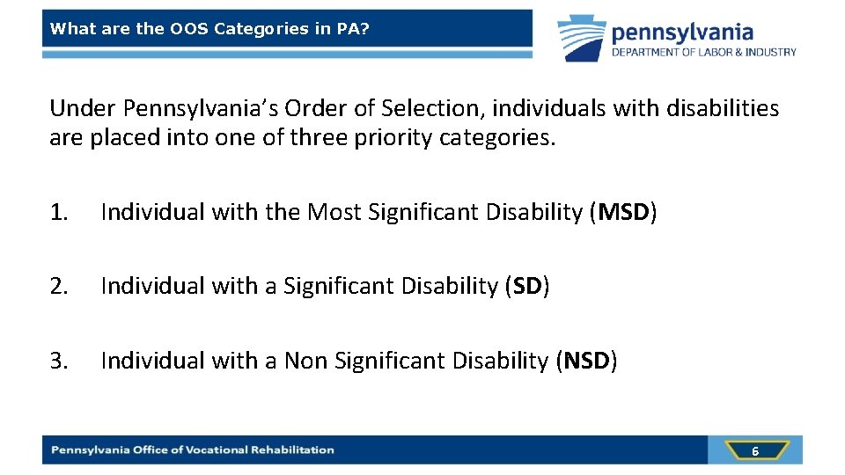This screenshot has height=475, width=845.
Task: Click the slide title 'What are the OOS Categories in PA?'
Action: [x=209, y=28]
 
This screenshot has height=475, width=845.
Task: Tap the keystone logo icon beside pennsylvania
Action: [x=581, y=38]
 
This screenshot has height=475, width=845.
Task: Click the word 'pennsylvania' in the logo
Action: [x=682, y=33]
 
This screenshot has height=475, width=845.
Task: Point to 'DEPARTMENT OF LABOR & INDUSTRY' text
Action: [x=704, y=52]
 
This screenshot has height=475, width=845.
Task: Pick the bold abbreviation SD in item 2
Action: [x=526, y=286]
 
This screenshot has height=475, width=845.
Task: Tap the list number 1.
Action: [x=58, y=212]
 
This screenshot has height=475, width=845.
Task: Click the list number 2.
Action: [x=58, y=286]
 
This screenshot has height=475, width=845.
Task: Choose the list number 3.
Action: [x=58, y=361]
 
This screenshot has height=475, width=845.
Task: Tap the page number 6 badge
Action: [x=754, y=450]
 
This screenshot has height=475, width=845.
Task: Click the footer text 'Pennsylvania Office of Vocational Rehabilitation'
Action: [x=193, y=449]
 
